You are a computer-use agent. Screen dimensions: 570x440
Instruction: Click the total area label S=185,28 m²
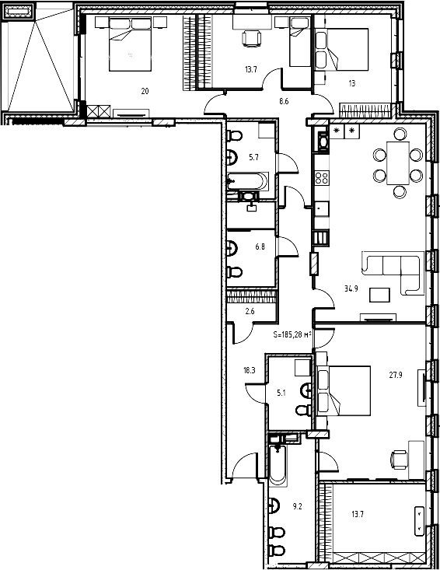[x=292, y=334]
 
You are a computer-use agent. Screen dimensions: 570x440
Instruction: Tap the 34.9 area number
[x=351, y=288]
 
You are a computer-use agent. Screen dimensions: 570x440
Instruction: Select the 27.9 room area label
[x=396, y=373]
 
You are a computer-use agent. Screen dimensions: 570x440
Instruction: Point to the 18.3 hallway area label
[x=249, y=371]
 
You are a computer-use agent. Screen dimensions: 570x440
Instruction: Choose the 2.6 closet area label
[x=250, y=312]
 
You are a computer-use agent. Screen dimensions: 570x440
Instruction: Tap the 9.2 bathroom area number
[x=296, y=506]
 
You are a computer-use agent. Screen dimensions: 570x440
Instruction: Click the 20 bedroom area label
[x=145, y=91]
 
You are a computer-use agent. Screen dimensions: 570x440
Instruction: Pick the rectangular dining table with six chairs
[x=398, y=164]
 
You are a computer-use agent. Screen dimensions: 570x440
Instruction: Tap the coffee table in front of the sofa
[x=380, y=295]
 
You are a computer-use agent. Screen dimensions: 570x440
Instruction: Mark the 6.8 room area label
[x=260, y=248]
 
